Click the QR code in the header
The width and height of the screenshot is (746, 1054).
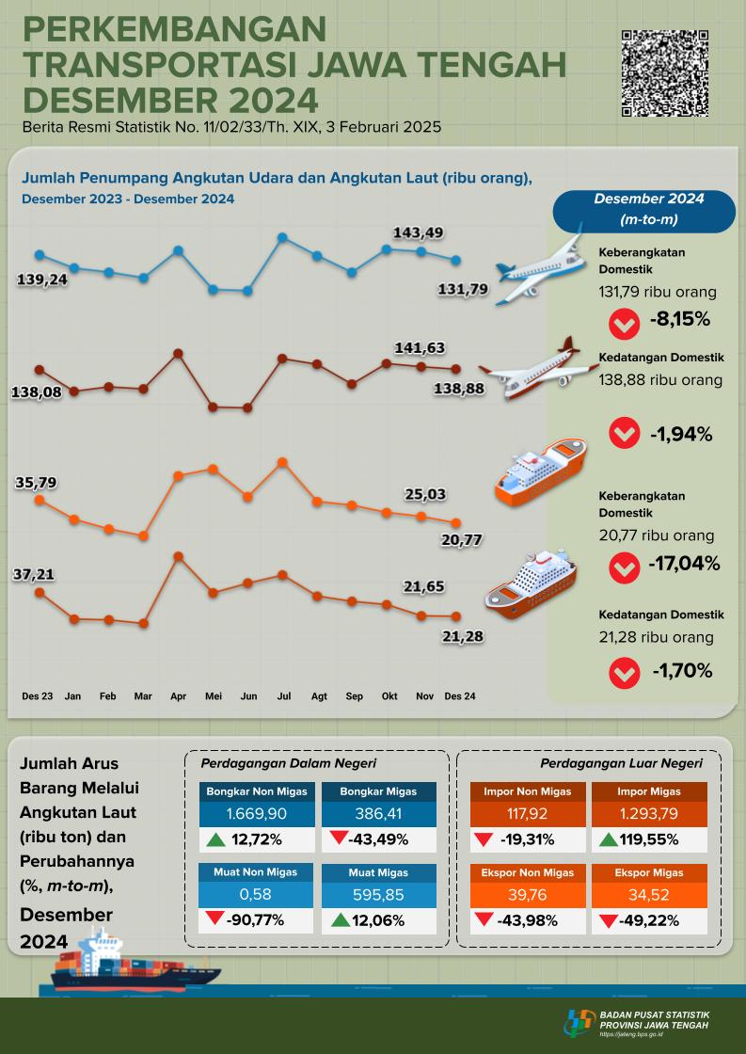(666, 73)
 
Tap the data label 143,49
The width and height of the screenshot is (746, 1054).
(419, 232)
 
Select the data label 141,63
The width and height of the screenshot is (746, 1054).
(420, 347)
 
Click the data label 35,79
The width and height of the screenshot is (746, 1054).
(37, 483)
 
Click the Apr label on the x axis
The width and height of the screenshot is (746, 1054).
(178, 696)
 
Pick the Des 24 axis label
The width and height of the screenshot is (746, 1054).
(459, 696)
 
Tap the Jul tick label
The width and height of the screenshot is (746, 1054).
(283, 696)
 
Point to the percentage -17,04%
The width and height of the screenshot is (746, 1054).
(684, 565)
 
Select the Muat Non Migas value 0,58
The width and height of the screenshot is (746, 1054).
(257, 892)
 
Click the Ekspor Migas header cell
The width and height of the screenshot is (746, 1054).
(648, 871)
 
